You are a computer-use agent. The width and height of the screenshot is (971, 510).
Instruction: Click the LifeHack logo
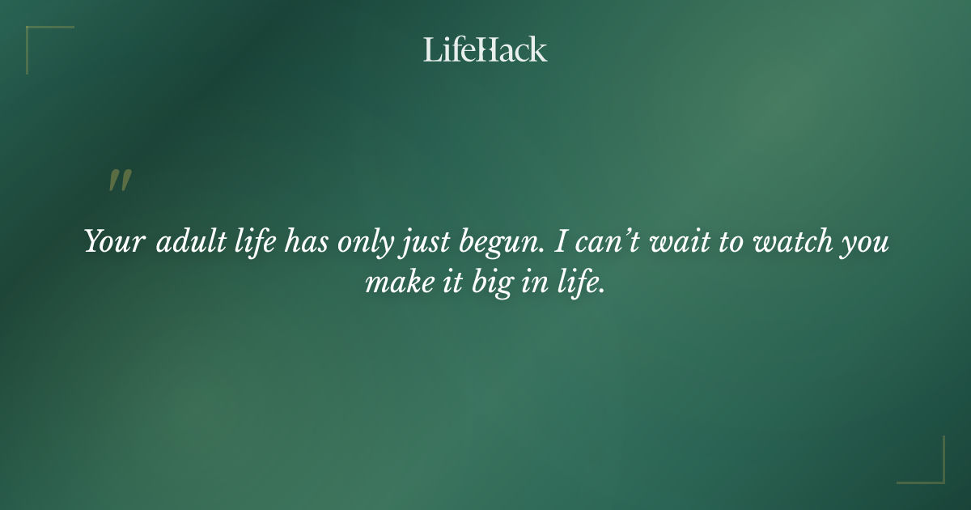pos(485,50)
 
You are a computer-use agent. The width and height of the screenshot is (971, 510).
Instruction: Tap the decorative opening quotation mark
pos(119,181)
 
